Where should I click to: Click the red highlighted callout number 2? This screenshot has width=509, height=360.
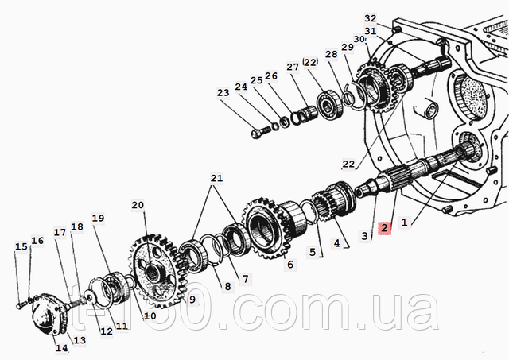(x=384, y=227)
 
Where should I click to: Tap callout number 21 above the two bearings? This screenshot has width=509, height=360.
(x=217, y=178)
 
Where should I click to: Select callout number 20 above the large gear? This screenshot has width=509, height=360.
(x=138, y=205)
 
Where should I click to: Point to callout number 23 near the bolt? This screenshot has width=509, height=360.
(x=223, y=93)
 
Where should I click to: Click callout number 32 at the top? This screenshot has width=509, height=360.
(x=370, y=18)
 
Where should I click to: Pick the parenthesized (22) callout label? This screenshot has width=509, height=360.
(x=310, y=62)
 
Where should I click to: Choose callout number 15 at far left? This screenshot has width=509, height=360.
(x=21, y=246)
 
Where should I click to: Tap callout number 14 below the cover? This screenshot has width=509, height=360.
(x=62, y=348)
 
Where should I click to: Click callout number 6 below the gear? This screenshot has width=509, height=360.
(x=289, y=265)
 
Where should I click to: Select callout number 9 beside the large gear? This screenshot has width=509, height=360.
(x=192, y=300)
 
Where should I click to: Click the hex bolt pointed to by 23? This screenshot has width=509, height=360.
(x=260, y=132)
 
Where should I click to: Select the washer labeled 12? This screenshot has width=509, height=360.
(x=89, y=296)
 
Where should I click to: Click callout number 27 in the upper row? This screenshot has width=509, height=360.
(x=293, y=67)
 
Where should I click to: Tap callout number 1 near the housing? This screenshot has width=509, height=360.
(x=404, y=223)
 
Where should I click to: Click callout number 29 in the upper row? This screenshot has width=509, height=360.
(x=348, y=47)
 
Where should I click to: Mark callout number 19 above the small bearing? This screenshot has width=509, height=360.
(x=98, y=219)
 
